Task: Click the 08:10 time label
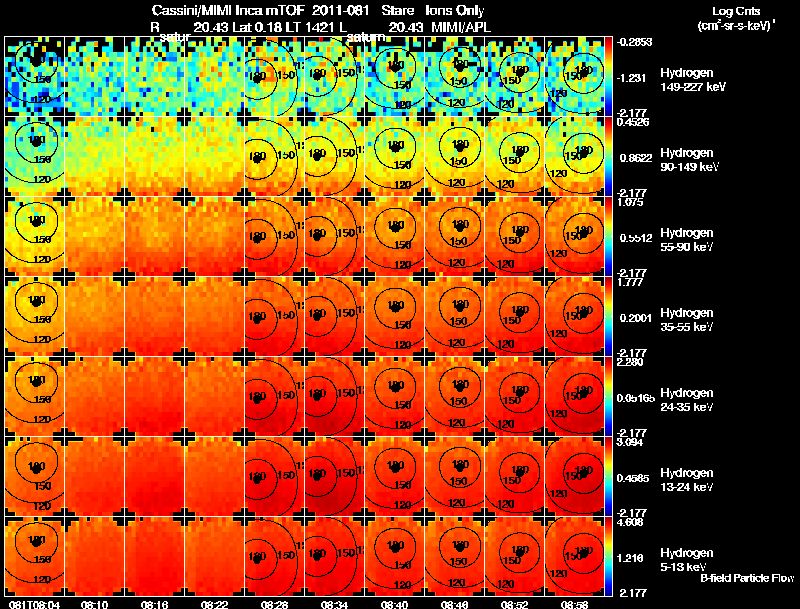click(95, 604)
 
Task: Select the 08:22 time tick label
click(215, 604)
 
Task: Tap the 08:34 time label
click(335, 604)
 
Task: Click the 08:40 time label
click(395, 604)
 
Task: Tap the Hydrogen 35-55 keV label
click(686, 320)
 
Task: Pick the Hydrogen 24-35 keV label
click(686, 400)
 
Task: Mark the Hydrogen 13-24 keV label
click(686, 480)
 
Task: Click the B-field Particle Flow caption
click(746, 578)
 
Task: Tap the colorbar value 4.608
click(631, 521)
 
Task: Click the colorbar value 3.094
click(631, 441)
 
